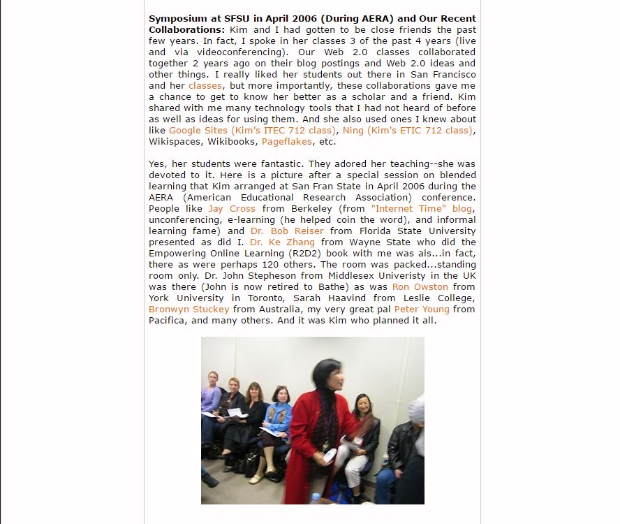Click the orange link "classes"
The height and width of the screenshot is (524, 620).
(x=205, y=86)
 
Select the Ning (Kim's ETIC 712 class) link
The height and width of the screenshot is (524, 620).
(x=407, y=131)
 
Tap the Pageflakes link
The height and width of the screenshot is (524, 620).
(x=287, y=142)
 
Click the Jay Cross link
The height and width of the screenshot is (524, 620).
(x=232, y=209)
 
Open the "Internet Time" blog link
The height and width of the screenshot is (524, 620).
(x=422, y=209)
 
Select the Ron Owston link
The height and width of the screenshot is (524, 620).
(x=420, y=287)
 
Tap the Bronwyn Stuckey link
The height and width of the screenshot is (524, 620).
(x=189, y=310)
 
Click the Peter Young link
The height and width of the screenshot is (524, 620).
(x=418, y=310)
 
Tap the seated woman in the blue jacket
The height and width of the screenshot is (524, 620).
(x=278, y=419)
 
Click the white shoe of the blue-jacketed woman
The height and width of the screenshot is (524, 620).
(x=256, y=479)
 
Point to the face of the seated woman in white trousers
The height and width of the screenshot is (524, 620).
(x=362, y=403)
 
